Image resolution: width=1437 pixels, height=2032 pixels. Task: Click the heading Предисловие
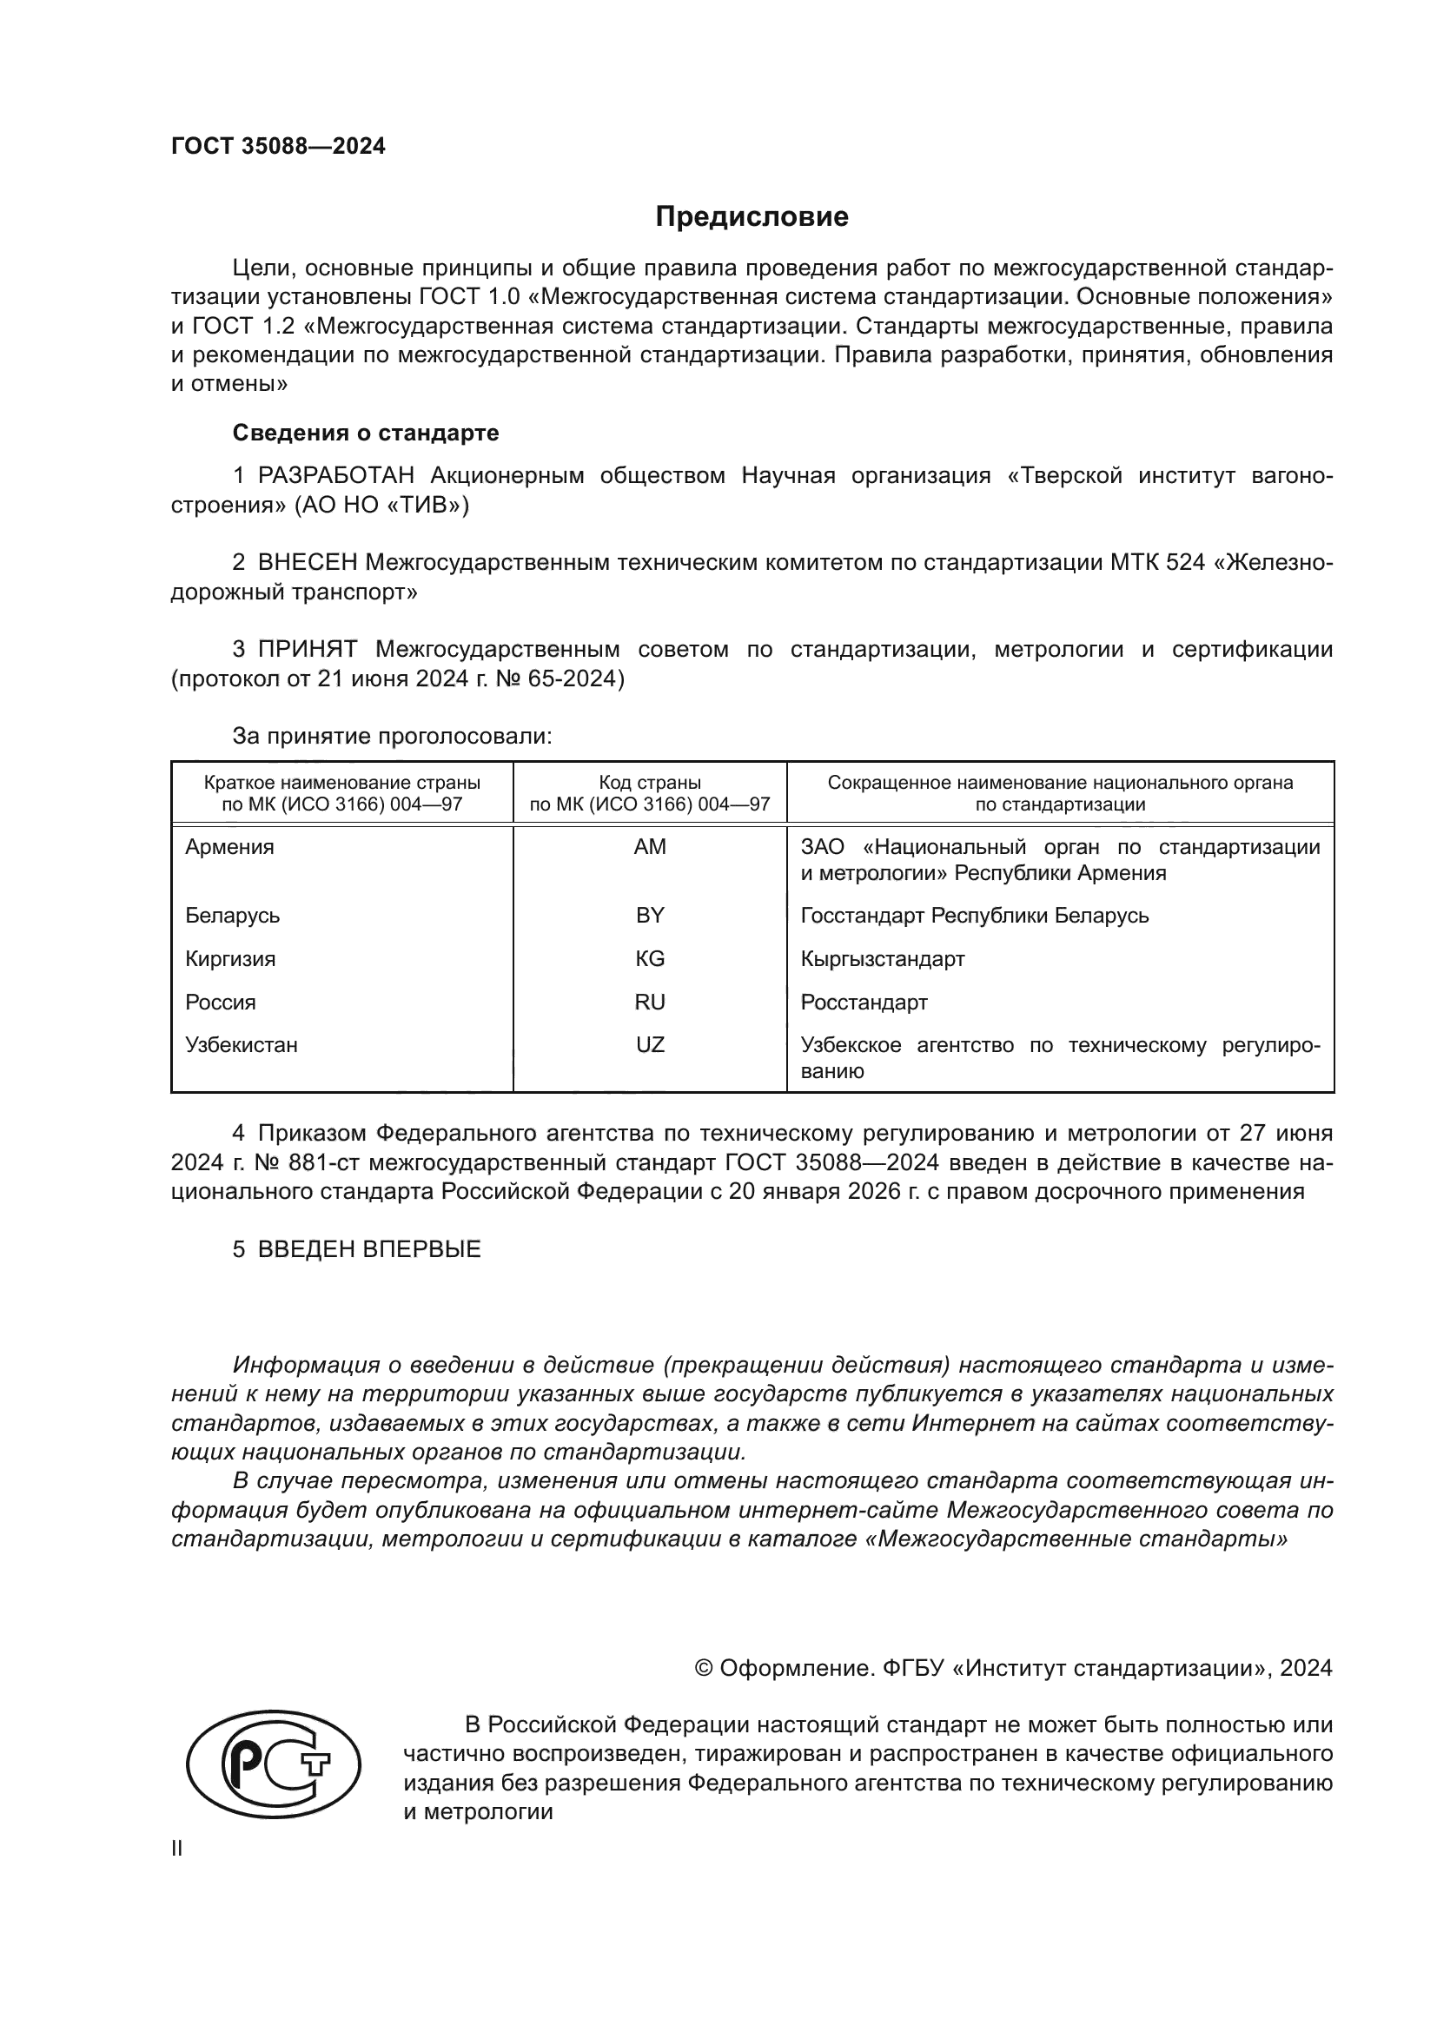tap(752, 217)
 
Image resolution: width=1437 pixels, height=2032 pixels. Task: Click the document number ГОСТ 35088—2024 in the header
tap(278, 147)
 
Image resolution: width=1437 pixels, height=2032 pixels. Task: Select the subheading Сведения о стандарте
tap(366, 433)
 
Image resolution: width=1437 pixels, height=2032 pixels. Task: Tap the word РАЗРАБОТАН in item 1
tap(335, 476)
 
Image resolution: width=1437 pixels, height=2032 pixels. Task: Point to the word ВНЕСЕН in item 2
tap(307, 563)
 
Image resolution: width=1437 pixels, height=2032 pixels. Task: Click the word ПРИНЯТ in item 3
tap(307, 650)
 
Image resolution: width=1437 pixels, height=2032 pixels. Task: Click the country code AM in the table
tap(650, 847)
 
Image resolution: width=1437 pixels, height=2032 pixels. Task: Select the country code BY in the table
tap(650, 916)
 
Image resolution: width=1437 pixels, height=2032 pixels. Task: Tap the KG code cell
tap(650, 959)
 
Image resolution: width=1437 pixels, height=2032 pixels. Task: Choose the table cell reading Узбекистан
tap(242, 1045)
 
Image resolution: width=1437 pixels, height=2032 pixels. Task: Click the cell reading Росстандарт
tap(864, 1003)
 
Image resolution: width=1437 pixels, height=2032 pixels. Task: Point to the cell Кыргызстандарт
tap(882, 959)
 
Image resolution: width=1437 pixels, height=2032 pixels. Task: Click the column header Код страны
tap(650, 784)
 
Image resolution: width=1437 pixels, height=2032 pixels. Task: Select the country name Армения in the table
tap(230, 847)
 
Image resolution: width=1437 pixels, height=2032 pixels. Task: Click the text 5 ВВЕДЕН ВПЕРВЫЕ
tap(356, 1249)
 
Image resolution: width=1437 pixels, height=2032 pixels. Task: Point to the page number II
tap(177, 1849)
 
